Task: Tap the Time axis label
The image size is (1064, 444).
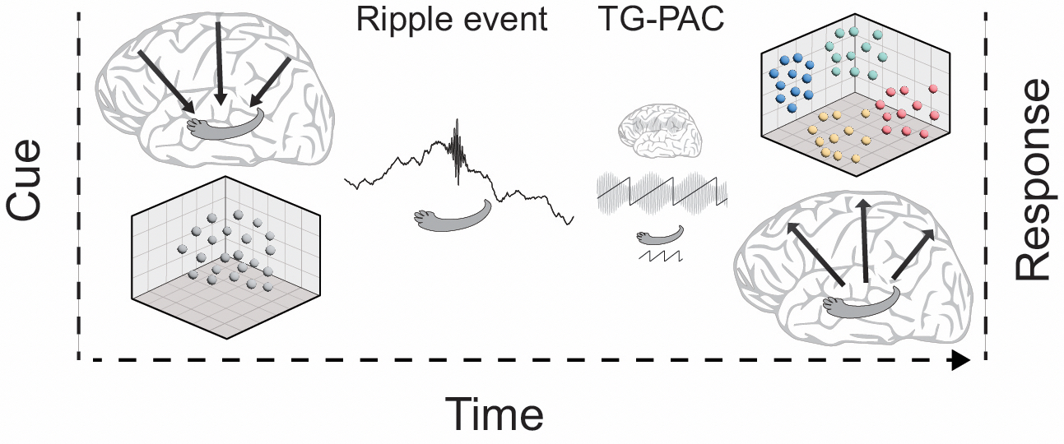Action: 495,414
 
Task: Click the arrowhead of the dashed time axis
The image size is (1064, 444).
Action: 959,360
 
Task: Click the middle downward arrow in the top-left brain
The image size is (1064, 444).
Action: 219,62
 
